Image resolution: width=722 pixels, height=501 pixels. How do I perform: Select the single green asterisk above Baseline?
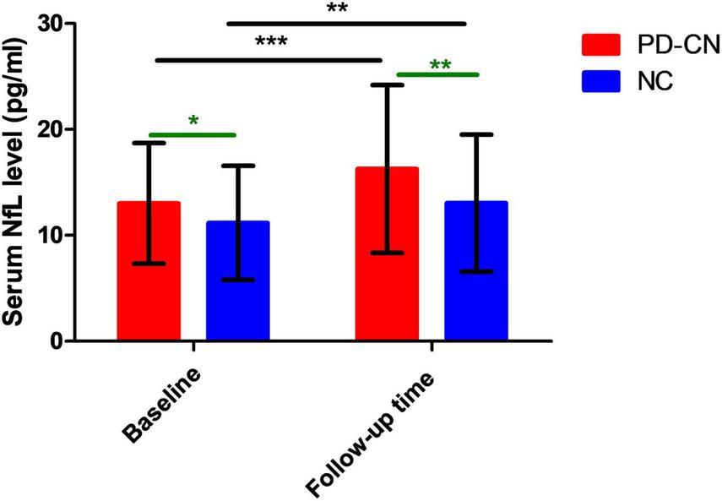pos(193,122)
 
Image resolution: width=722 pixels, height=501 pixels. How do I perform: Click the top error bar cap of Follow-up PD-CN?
pos(387,84)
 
